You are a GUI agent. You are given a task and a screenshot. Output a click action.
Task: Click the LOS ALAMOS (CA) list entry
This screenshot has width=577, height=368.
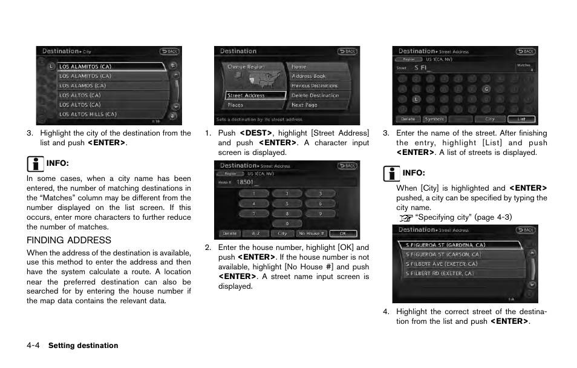[83, 86]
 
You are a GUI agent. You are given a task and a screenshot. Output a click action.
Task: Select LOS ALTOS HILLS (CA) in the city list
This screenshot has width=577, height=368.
[88, 114]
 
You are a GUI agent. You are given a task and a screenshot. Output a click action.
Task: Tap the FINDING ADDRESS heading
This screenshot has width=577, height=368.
[69, 240]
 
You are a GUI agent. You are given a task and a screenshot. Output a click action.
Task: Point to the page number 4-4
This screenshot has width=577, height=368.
[33, 346]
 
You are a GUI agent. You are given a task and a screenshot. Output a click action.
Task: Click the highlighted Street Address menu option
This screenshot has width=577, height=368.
[254, 96]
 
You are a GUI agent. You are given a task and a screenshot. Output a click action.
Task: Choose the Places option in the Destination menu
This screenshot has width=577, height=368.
[236, 105]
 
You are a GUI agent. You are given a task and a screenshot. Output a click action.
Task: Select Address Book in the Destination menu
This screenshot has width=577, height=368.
[308, 76]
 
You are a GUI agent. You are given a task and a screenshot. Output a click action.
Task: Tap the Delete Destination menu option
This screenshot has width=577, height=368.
[315, 96]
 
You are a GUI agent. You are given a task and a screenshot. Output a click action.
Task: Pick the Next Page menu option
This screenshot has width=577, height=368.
[304, 105]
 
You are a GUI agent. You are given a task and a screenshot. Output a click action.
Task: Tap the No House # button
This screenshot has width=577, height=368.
[311, 234]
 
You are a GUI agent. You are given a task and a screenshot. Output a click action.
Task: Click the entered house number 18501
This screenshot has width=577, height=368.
[245, 182]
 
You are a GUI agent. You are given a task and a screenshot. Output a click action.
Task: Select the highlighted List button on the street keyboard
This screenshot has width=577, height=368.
[521, 119]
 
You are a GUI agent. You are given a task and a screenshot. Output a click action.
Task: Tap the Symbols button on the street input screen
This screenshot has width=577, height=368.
[434, 119]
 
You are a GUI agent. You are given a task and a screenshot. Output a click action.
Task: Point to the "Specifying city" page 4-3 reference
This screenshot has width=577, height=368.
[463, 217]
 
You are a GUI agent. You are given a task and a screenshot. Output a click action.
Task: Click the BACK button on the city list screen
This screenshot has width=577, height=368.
[169, 51]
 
